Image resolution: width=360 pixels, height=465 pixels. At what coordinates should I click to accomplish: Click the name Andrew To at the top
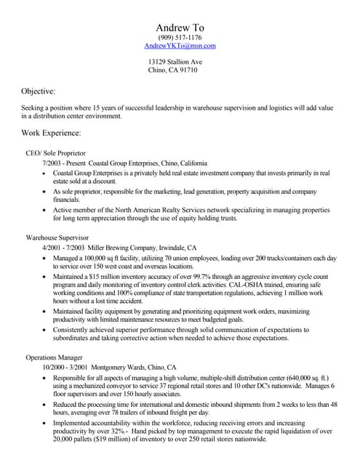click(x=180, y=28)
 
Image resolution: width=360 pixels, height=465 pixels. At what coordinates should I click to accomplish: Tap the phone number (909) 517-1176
click(x=180, y=37)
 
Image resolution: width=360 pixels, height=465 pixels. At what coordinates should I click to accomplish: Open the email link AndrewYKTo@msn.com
click(x=180, y=46)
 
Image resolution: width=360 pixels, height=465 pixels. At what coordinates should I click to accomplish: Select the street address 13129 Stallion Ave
click(x=175, y=62)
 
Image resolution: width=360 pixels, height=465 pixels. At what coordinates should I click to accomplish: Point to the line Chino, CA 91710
click(x=172, y=70)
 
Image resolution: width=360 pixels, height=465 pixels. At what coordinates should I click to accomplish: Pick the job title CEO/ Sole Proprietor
click(x=56, y=153)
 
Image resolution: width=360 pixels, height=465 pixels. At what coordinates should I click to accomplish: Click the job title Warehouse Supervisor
click(x=57, y=237)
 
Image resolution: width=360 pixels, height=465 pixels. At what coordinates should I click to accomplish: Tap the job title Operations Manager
click(x=55, y=357)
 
